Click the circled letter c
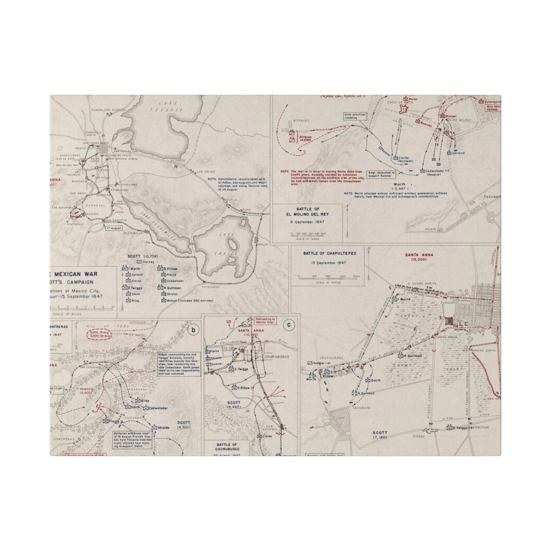(289, 324)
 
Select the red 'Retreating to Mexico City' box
(265, 320)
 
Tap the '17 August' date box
(114, 228)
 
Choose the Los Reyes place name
(204, 172)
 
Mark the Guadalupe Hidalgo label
(103, 109)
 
